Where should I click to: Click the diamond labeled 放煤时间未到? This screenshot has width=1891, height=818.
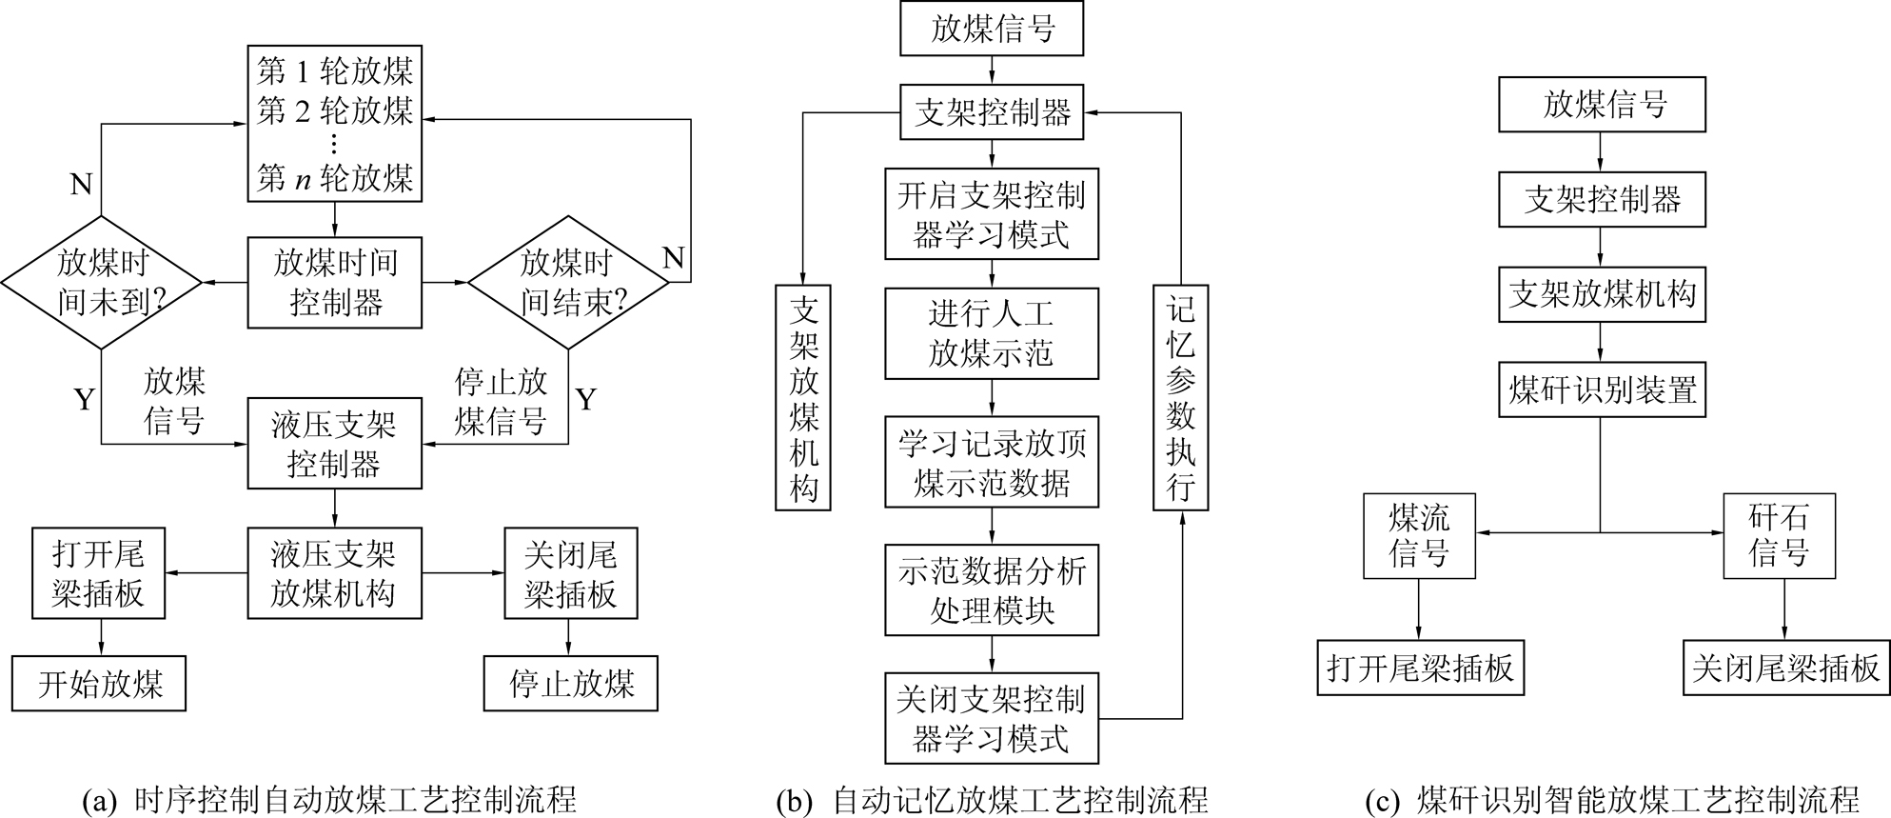pyautogui.click(x=102, y=282)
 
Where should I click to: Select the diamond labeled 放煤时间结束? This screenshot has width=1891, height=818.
pyautogui.click(x=568, y=282)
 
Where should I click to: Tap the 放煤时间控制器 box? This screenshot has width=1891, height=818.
pyautogui.click(x=334, y=283)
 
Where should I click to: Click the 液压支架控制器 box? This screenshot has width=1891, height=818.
pyautogui.click(x=334, y=444)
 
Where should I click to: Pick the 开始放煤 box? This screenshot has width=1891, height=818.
pyautogui.click(x=99, y=684)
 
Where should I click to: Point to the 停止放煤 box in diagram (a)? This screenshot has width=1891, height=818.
pyautogui.click(x=570, y=684)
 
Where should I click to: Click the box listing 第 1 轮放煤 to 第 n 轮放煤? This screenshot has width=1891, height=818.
pyautogui.click(x=334, y=124)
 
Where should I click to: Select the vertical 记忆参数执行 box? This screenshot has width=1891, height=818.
pyautogui.click(x=1180, y=397)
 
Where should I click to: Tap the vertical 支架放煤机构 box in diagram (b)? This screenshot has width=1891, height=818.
pyautogui.click(x=803, y=397)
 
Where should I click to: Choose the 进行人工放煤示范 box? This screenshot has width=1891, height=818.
pyautogui.click(x=991, y=333)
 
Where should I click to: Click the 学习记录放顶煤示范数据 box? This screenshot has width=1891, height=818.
pyautogui.click(x=991, y=462)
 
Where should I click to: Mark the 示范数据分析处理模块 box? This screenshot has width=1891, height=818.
pyautogui.click(x=991, y=590)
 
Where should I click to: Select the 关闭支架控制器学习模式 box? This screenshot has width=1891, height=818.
pyautogui.click(x=991, y=719)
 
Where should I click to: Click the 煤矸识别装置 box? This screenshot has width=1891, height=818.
pyautogui.click(x=1602, y=389)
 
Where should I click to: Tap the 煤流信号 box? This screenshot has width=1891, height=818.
pyautogui.click(x=1419, y=536)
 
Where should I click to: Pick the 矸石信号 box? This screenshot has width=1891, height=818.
pyautogui.click(x=1779, y=536)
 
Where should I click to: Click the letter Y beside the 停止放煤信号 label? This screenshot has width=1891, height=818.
pyautogui.click(x=586, y=400)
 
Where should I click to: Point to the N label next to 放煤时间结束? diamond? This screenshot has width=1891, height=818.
pyautogui.click(x=674, y=258)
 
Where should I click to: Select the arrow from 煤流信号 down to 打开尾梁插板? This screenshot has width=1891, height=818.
pyautogui.click(x=1419, y=609)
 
